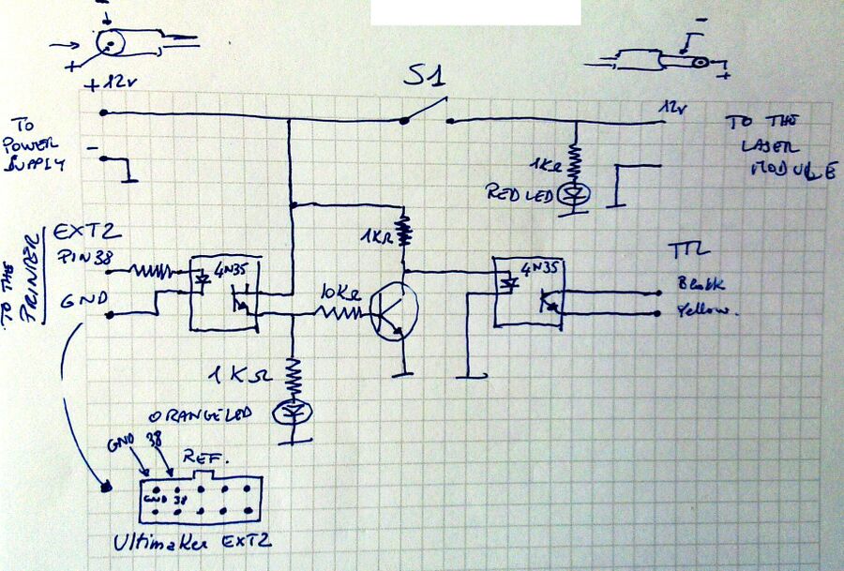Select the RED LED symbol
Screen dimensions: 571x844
pyautogui.click(x=574, y=193)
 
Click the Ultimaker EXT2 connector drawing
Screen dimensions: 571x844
pyautogui.click(x=199, y=499)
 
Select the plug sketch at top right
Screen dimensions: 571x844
pyautogui.click(x=656, y=61)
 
